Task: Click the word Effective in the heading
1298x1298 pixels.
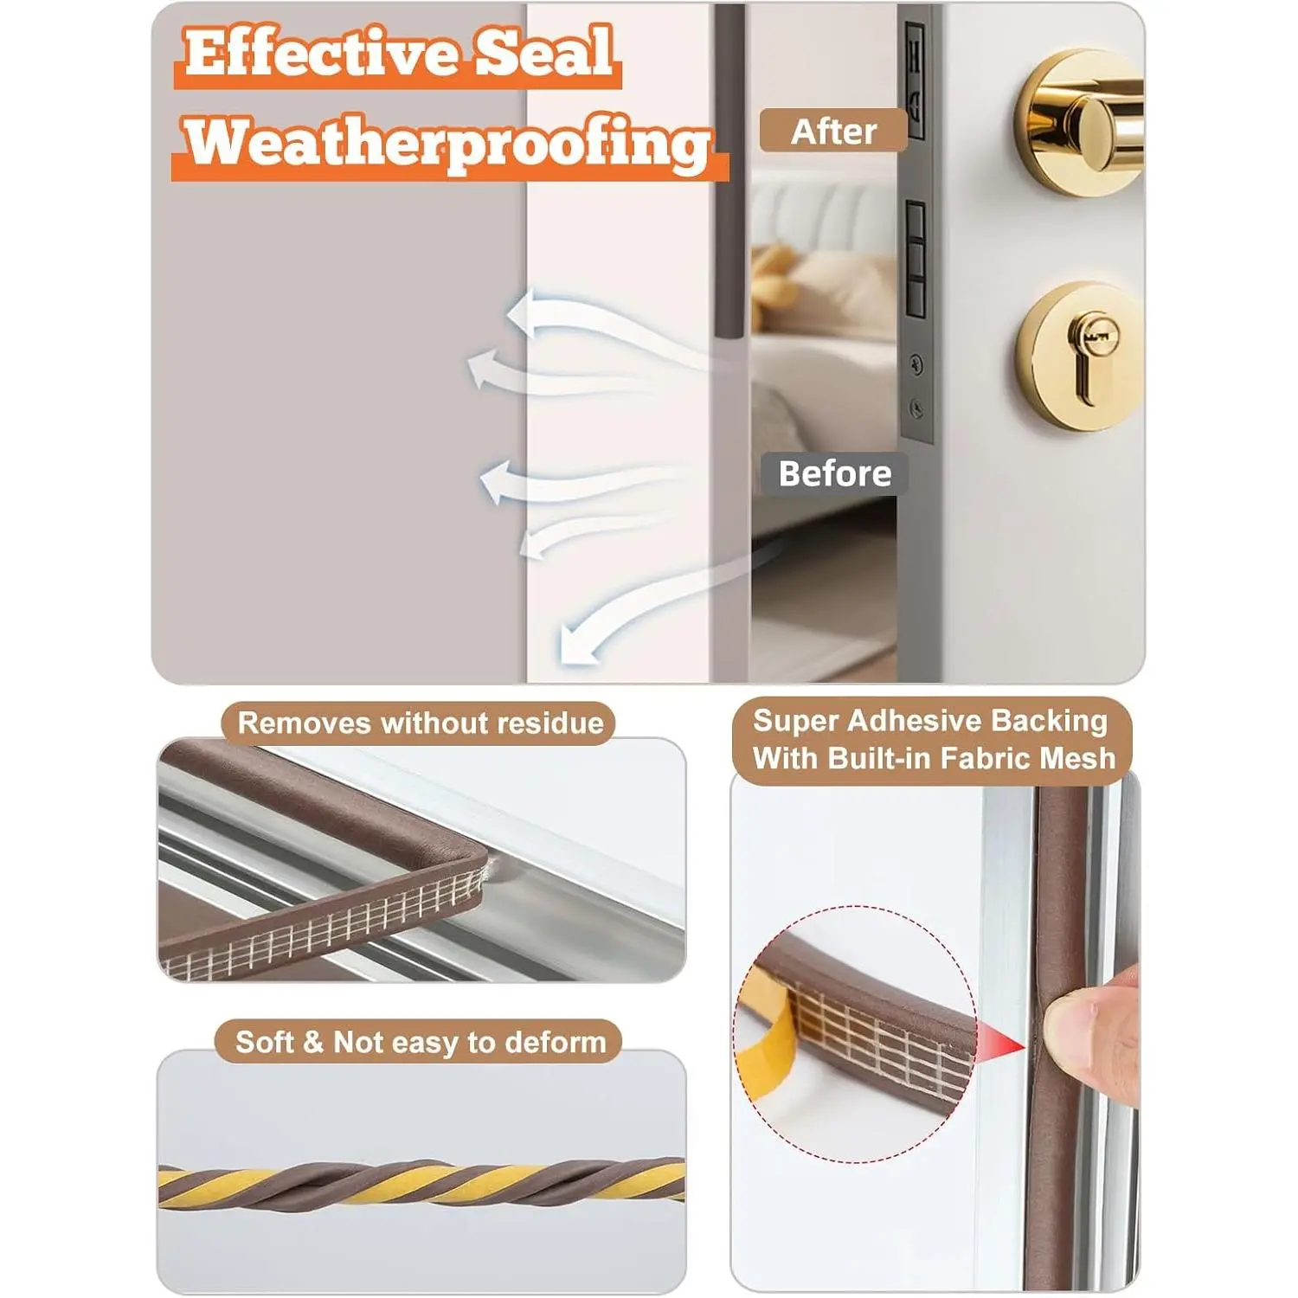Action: click(x=322, y=54)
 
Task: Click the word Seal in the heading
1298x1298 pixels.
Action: click(x=545, y=54)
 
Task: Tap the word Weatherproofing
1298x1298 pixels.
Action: click(x=447, y=144)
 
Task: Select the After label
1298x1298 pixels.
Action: click(x=833, y=132)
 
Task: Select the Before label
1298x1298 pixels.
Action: click(x=834, y=473)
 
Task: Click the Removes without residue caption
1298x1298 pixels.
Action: click(x=421, y=723)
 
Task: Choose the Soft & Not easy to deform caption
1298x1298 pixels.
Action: click(x=421, y=1042)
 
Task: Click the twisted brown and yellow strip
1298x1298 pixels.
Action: click(x=421, y=1184)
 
